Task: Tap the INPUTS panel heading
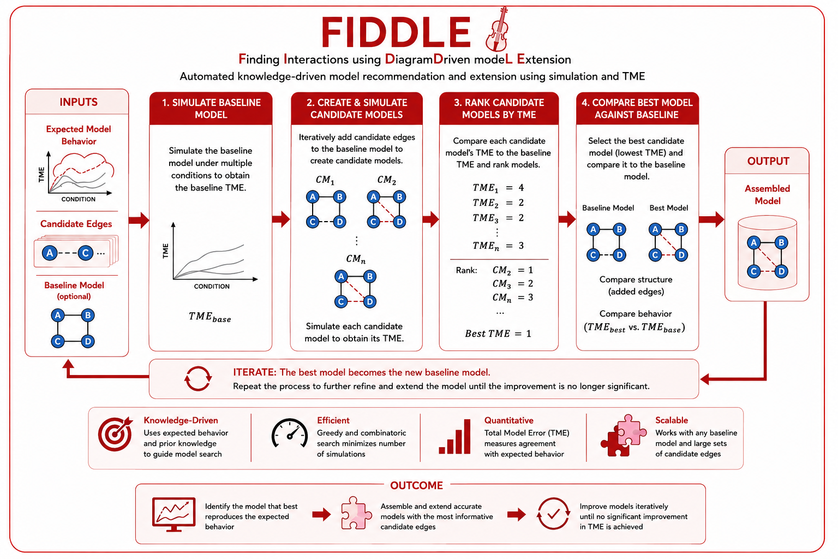click(x=79, y=102)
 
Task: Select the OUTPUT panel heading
click(x=768, y=161)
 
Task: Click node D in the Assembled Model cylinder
click(x=781, y=271)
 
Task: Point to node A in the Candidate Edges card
click(x=50, y=253)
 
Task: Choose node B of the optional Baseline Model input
click(x=87, y=316)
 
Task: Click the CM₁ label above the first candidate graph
click(x=325, y=180)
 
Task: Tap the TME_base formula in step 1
click(x=209, y=317)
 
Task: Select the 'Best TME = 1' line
click(x=498, y=333)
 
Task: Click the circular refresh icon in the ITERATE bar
click(x=198, y=378)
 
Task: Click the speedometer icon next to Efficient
click(x=290, y=433)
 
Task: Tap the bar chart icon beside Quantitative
click(x=454, y=437)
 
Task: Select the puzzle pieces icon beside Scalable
click(x=623, y=436)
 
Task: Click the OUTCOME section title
click(x=416, y=486)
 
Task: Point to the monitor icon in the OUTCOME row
click(x=173, y=514)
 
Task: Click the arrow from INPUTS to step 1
click(x=139, y=220)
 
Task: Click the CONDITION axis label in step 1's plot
click(x=212, y=287)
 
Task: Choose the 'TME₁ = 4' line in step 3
click(x=498, y=188)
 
